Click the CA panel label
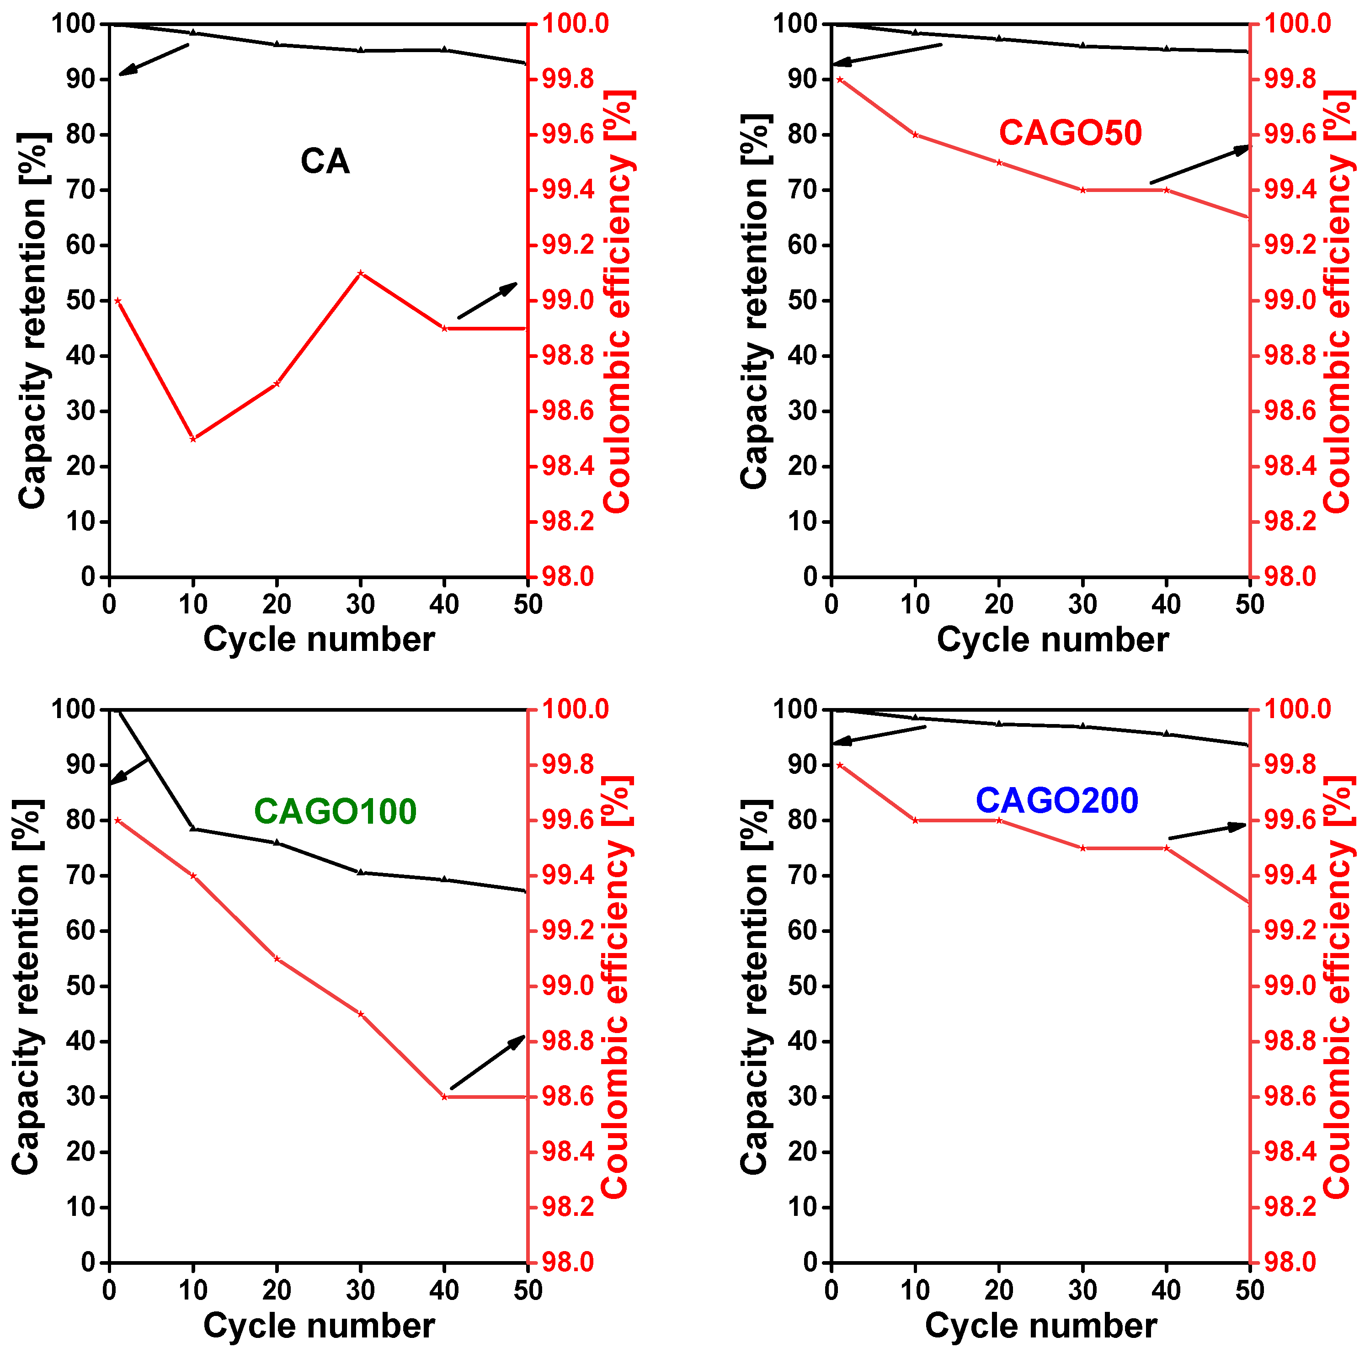325,162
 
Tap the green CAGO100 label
335,812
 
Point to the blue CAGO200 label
1056,800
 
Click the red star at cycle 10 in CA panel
193,439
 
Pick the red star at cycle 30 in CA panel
360,273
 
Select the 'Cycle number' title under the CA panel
319,639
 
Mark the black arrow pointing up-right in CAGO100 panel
488,1061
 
